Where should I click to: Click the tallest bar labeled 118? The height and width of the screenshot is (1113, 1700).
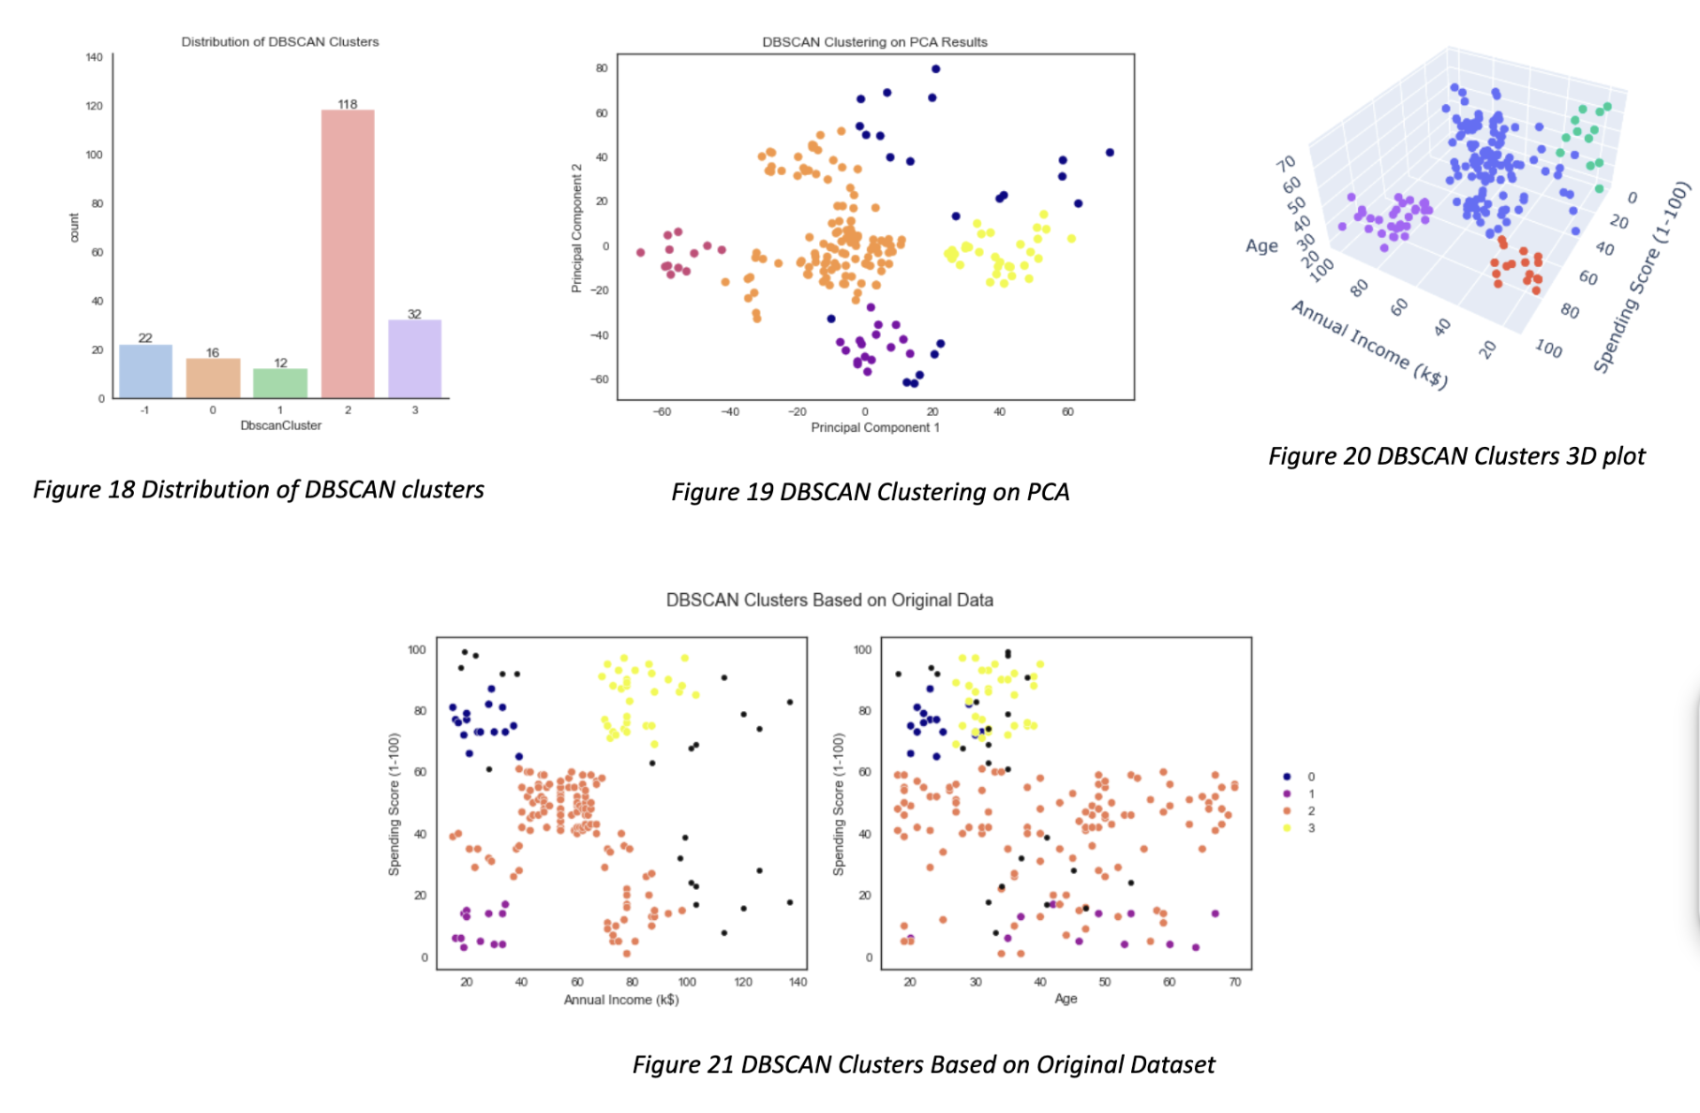click(348, 253)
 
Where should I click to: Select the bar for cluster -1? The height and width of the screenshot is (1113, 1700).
click(145, 371)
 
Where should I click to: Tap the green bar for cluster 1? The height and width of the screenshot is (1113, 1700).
click(280, 383)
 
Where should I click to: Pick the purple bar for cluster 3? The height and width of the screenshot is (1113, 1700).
click(414, 359)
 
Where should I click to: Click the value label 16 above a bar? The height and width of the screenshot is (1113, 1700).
click(213, 352)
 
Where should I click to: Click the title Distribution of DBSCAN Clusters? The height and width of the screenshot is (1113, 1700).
click(280, 42)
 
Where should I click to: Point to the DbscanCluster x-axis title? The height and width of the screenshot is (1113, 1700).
click(280, 425)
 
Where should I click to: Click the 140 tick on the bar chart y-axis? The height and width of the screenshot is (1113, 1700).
click(95, 57)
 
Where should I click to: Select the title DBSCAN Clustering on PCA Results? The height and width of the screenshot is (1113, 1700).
click(874, 42)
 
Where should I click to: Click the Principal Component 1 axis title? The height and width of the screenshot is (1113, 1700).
click(874, 427)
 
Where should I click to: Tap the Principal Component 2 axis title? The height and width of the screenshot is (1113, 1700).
click(577, 228)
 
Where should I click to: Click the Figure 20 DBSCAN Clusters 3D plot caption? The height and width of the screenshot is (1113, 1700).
click(1456, 456)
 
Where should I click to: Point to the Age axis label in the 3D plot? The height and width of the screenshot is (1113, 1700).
click(1261, 245)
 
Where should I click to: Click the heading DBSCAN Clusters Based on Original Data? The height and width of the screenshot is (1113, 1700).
click(829, 600)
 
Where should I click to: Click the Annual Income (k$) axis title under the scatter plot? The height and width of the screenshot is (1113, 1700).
click(620, 1000)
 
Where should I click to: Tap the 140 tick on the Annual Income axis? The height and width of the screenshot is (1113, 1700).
click(798, 982)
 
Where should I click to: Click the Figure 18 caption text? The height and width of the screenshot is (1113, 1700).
click(259, 490)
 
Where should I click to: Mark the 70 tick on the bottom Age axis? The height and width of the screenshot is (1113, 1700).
click(1235, 982)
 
